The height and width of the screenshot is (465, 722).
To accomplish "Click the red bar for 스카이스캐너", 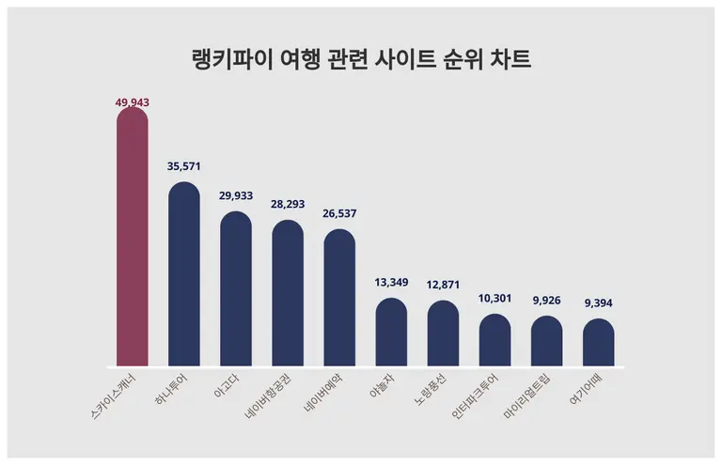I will coord(132,240).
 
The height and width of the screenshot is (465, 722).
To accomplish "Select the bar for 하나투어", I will coord(183,277).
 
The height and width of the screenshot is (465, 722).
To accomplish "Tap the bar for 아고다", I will coord(236,291).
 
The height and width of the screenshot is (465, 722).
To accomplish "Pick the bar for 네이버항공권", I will coord(288,296).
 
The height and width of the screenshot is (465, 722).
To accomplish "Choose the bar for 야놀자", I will coord(391,334).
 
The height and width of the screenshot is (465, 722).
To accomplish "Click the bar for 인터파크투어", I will coord(494,342).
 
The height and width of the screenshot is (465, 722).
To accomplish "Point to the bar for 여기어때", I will coord(598,345).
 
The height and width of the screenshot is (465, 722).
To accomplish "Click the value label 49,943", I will coord(133,101).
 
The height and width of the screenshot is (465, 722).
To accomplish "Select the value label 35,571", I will coord(184,166).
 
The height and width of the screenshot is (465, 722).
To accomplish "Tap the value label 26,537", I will coord(339,214).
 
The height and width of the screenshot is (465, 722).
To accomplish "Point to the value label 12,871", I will coord(443,285).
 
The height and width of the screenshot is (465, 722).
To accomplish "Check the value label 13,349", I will coord(391,283).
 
